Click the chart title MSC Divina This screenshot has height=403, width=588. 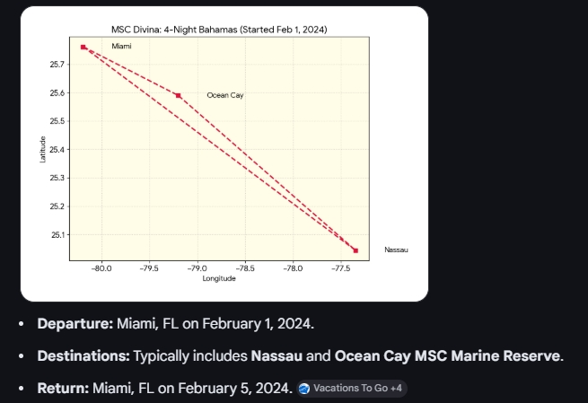(x=219, y=30)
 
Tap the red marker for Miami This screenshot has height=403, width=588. (x=83, y=47)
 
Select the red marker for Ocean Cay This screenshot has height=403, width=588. (x=179, y=95)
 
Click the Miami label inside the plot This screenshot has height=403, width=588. (x=121, y=46)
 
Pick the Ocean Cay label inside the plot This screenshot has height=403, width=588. (x=224, y=95)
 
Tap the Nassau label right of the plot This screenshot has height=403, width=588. (x=395, y=250)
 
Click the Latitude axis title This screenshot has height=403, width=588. (x=43, y=148)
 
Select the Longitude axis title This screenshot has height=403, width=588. (x=219, y=279)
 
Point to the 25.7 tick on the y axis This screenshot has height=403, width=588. (x=57, y=65)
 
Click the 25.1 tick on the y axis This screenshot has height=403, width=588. (x=57, y=235)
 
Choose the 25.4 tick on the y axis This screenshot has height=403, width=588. (x=57, y=150)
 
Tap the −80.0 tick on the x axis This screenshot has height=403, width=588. (x=102, y=267)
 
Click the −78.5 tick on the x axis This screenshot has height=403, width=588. (x=245, y=267)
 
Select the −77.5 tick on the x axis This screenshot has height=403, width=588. (x=340, y=267)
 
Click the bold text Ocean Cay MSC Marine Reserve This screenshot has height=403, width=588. (x=448, y=356)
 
